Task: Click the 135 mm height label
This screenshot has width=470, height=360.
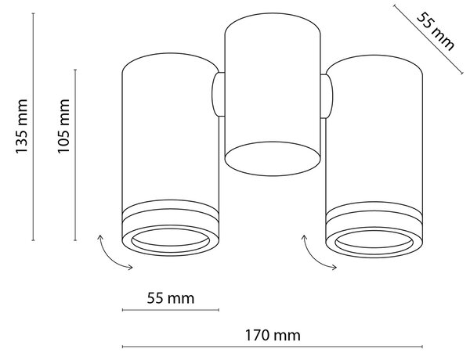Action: (22, 126)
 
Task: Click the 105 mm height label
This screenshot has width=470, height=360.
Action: (63, 126)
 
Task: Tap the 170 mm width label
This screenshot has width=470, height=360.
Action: (273, 335)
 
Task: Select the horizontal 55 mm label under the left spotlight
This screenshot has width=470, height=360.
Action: (171, 298)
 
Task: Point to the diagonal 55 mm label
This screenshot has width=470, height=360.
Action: (436, 31)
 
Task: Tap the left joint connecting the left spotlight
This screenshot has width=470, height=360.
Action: (219, 94)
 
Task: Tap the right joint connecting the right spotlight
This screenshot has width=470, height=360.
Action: (327, 95)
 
